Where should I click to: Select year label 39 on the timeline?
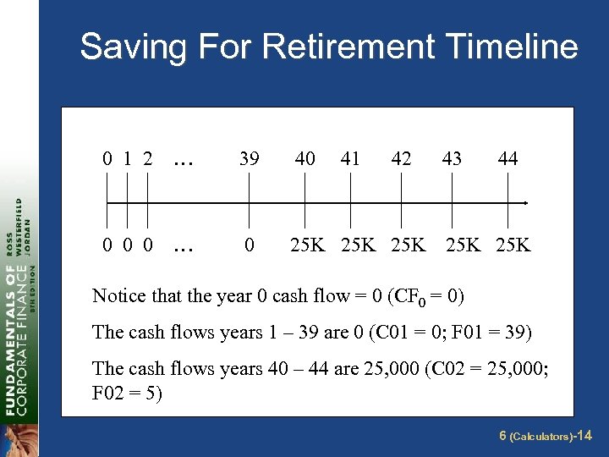(250, 158)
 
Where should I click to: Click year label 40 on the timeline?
(304, 158)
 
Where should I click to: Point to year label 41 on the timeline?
(349, 158)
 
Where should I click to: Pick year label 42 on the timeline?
(401, 158)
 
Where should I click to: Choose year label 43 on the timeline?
(452, 158)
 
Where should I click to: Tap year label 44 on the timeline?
(507, 158)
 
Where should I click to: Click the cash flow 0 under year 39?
(249, 246)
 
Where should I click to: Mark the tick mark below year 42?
(401, 203)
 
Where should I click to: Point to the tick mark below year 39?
(250, 203)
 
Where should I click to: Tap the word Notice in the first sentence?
(118, 295)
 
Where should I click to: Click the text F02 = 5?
(126, 394)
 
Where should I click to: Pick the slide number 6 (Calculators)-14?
(546, 436)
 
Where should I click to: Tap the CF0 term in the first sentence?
(408, 296)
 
